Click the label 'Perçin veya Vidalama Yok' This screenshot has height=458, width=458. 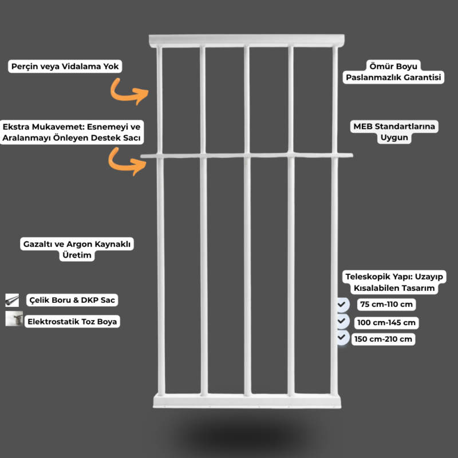65,66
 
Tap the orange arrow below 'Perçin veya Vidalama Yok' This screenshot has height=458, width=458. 123,95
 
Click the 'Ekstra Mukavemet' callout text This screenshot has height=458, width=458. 72,132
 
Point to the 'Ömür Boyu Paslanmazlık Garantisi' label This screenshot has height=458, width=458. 393,72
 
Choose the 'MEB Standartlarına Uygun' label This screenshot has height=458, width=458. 394,132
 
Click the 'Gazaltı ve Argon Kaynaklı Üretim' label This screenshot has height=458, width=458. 77,249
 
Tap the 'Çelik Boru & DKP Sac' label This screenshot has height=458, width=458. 72,300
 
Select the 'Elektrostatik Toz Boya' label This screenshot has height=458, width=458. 72,321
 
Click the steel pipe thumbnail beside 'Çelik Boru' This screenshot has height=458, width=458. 12,300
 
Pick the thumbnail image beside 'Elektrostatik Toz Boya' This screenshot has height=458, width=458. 14,318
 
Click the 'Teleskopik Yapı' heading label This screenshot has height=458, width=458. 394,282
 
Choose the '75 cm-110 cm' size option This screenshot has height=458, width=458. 386,305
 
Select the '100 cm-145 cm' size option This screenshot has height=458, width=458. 386,323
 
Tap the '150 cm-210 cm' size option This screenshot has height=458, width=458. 383,339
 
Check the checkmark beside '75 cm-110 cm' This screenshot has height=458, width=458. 342,305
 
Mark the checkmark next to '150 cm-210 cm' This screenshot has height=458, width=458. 342,337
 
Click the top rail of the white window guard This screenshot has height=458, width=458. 247,41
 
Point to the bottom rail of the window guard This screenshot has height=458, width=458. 247,401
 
